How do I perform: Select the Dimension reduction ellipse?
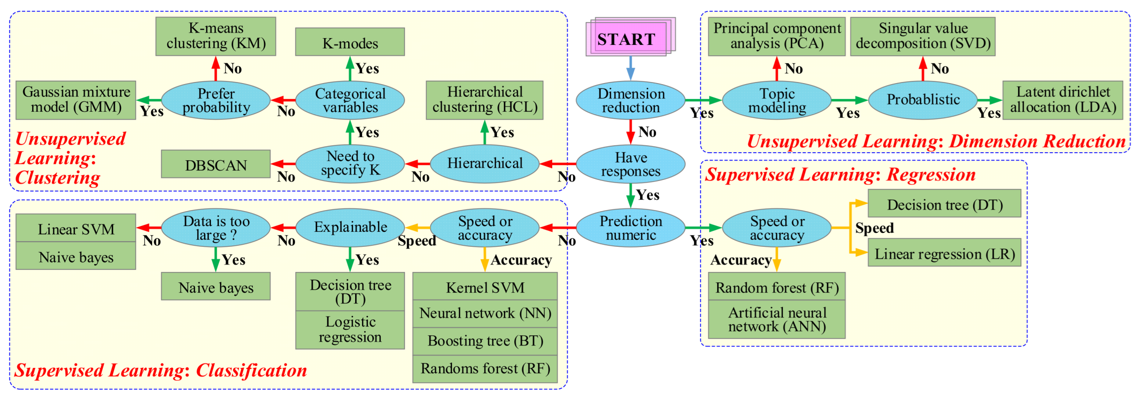pos(631,100)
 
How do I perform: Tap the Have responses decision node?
pos(631,164)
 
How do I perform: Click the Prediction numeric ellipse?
pos(631,228)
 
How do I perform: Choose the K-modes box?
pos(350,42)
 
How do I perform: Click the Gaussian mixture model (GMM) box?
pos(76,100)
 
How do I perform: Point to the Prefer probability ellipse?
pos(216,100)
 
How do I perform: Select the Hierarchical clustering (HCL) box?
pos(485,100)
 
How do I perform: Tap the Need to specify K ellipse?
pos(350,164)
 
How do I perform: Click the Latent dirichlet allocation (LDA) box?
pos(1063,100)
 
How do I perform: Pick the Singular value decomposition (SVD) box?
pos(923,37)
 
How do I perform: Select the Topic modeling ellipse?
pos(777,100)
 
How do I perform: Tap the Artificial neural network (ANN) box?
pos(777,319)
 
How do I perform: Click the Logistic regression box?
pos(350,330)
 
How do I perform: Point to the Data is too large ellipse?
pos(216,228)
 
